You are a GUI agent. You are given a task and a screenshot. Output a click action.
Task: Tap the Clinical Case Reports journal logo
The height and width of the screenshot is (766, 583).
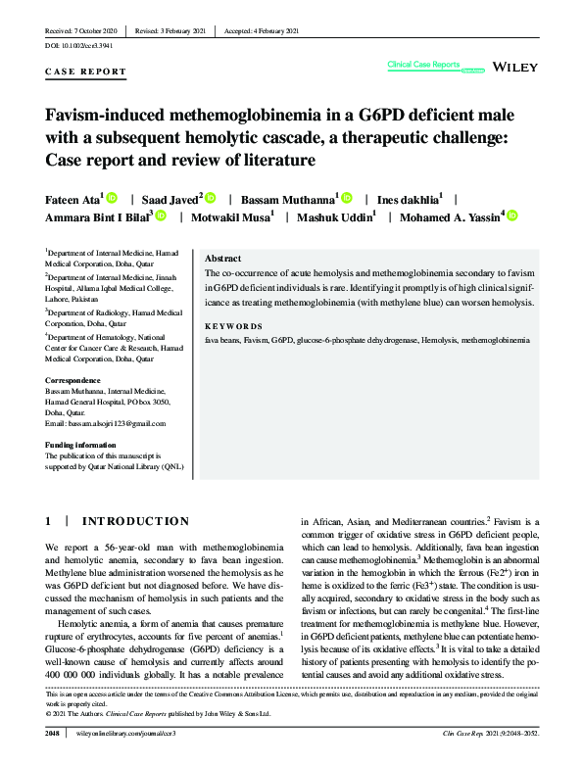[x=424, y=66]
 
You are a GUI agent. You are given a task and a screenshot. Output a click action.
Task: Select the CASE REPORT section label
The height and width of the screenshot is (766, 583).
[x=86, y=72]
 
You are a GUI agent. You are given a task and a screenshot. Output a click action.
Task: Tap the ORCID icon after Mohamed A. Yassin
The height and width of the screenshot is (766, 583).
[x=511, y=215]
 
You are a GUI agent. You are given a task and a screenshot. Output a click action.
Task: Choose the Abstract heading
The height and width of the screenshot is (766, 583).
[x=223, y=258]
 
